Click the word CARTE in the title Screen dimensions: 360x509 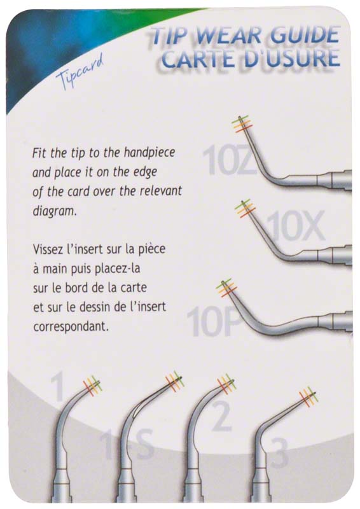click(199, 59)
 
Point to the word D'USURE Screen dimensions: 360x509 click(291, 59)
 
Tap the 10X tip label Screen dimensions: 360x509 click(294, 226)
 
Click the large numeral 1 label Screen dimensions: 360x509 click(59, 386)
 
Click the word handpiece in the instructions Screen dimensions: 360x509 click(149, 152)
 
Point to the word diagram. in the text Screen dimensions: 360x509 click(55, 211)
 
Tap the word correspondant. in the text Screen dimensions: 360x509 click(71, 326)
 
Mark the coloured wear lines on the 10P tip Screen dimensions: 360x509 click(226, 288)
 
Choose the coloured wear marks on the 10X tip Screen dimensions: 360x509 click(245, 208)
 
